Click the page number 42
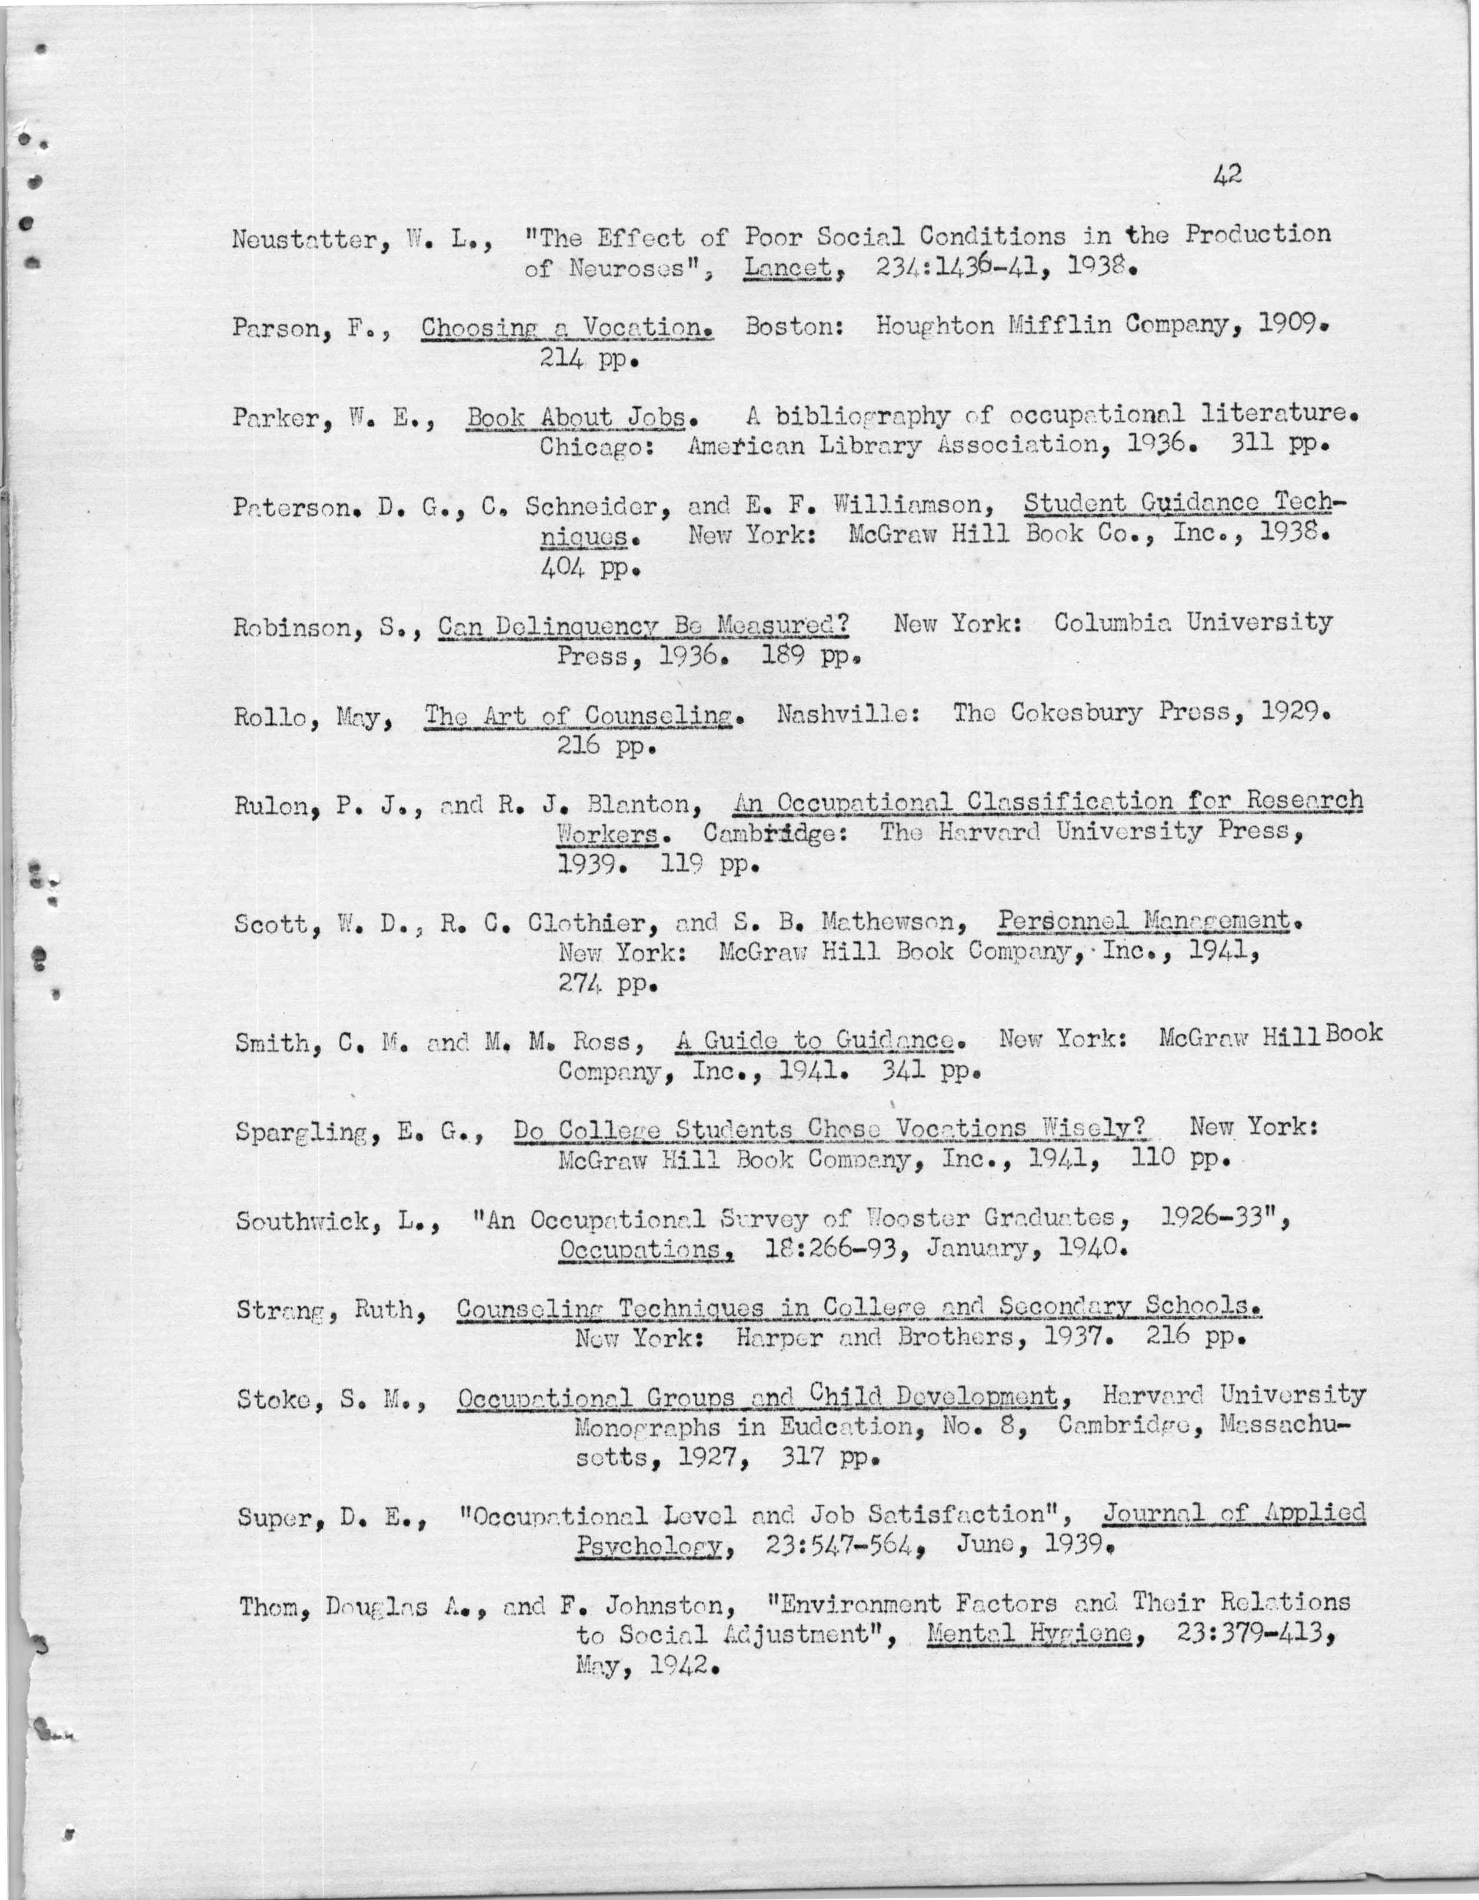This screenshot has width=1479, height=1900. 1227,175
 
